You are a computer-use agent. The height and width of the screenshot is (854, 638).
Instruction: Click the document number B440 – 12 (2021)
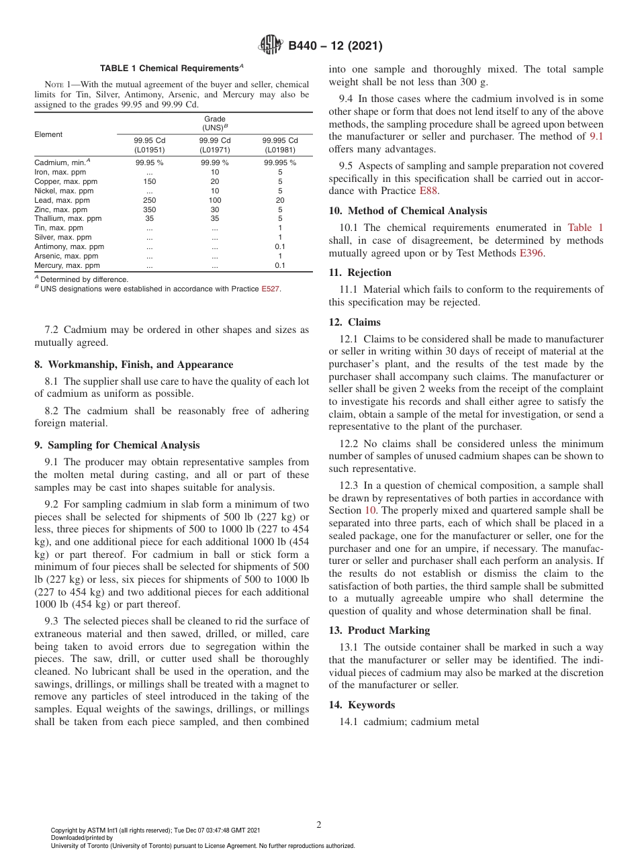coord(335,46)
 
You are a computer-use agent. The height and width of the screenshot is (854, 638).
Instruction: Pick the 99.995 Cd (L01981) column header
coord(279,145)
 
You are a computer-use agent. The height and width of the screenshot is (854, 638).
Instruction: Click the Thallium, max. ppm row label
coord(68,218)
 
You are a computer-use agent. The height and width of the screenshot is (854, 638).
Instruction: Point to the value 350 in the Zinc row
coord(149,209)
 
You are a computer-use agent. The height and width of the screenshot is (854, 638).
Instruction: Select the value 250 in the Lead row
coord(149,200)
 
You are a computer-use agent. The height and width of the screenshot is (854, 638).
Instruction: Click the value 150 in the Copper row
coord(149,181)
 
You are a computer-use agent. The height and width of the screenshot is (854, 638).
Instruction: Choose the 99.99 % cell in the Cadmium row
coord(214,162)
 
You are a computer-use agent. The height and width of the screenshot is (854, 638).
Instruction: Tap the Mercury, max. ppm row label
coord(67,265)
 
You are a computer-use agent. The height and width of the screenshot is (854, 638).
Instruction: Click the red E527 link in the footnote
coord(271,289)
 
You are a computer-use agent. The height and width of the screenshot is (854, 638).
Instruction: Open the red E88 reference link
coord(428,191)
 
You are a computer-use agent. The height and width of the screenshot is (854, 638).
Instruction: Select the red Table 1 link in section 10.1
coord(585,228)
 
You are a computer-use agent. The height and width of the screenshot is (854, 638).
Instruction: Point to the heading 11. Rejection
coord(360,273)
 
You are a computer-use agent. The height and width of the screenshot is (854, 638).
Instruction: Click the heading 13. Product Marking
coord(379,630)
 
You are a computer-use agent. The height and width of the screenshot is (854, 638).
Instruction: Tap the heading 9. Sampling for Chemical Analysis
coord(117,445)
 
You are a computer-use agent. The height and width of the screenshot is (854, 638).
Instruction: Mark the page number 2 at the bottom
coord(319,824)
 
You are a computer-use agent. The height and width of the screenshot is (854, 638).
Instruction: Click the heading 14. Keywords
coord(362,704)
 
